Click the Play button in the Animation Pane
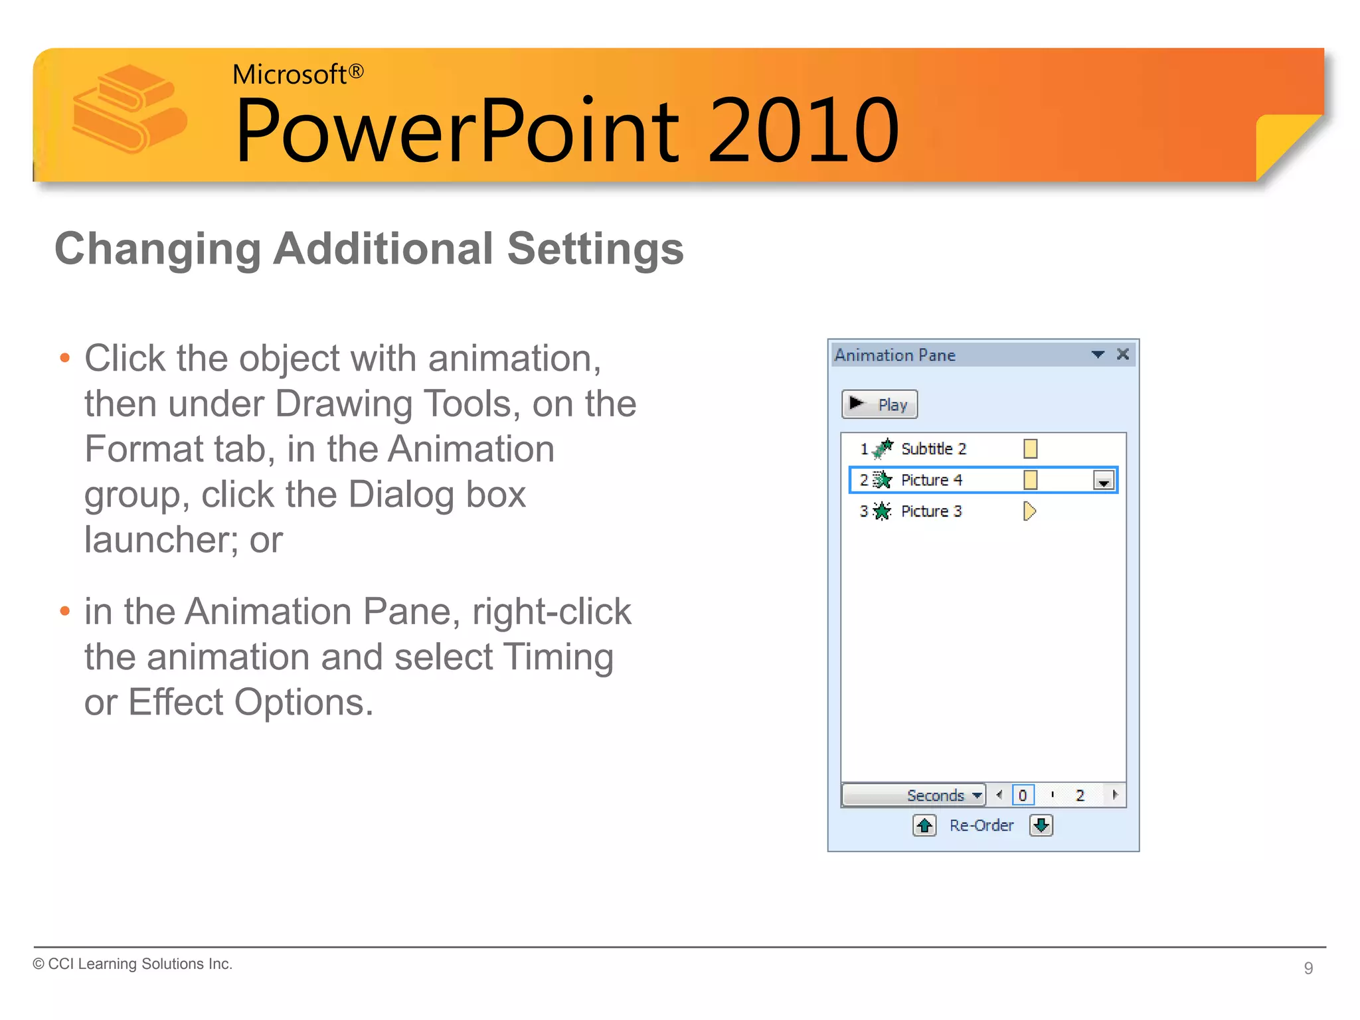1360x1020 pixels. [879, 404]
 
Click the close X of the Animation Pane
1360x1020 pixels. [1123, 354]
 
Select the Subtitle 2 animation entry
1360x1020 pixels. [933, 449]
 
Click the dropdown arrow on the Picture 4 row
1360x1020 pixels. [1103, 481]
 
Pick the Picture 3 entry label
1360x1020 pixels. [931, 511]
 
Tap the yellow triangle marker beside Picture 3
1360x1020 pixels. [1029, 511]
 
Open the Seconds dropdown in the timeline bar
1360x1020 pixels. [976, 795]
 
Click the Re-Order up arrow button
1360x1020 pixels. [924, 825]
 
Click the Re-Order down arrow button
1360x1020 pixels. [1041, 825]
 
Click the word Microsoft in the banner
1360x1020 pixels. [290, 74]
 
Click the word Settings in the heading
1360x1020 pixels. [595, 249]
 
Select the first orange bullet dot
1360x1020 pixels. [64, 359]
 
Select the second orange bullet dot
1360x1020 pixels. [64, 611]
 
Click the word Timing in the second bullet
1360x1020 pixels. [558, 657]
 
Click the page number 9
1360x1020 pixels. [1308, 968]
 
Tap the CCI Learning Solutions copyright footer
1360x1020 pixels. [133, 964]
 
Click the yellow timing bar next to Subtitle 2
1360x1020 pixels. [1030, 449]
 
